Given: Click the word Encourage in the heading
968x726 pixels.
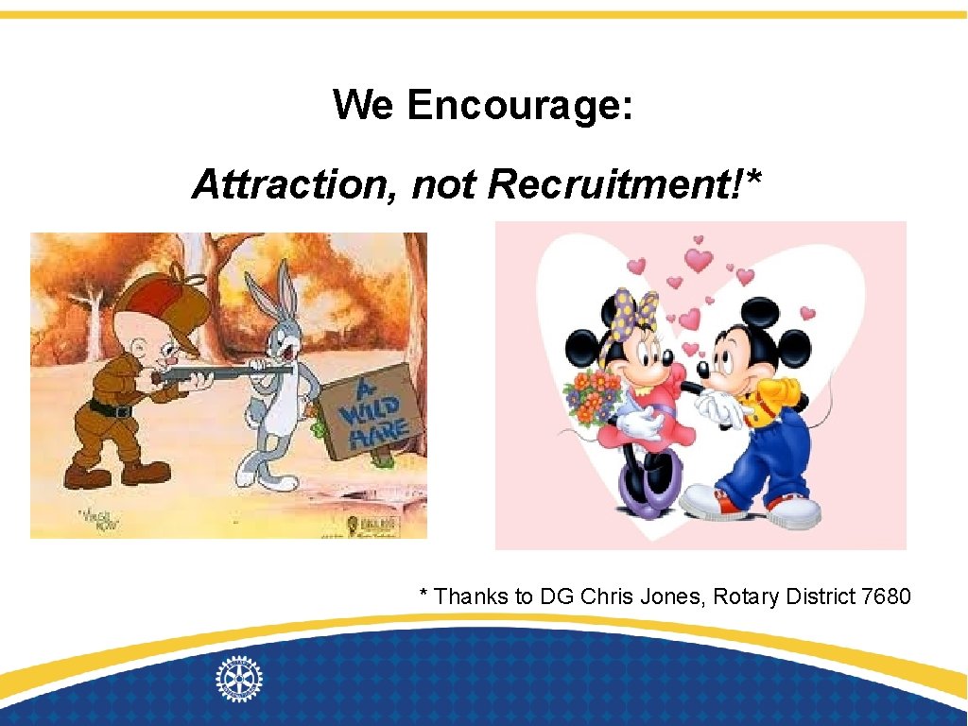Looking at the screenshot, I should tap(520, 106).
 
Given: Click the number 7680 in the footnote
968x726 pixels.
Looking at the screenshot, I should tap(887, 596).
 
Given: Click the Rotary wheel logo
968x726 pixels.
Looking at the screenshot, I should tap(239, 678).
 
